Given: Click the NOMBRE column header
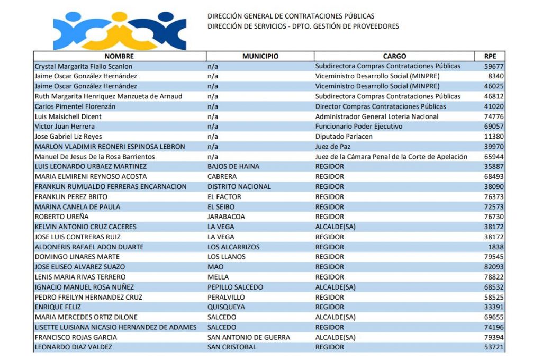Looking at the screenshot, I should [119, 56].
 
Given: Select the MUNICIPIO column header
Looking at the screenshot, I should [260, 56].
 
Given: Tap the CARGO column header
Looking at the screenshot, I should [394, 56].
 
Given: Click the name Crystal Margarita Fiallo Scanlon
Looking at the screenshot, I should [84, 66].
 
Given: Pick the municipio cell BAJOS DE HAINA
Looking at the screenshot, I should [233, 166].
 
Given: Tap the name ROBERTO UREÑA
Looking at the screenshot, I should [58, 217].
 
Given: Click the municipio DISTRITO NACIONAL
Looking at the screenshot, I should [239, 186].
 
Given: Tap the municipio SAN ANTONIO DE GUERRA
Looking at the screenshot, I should [249, 337].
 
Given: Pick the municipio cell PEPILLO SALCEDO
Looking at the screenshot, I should [235, 287].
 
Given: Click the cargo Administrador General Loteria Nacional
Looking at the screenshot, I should [377, 116].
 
